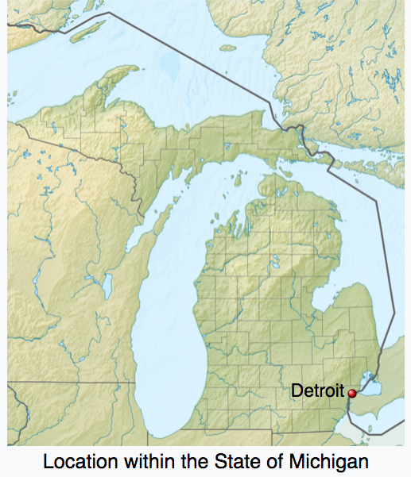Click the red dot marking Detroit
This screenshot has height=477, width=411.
point(352,392)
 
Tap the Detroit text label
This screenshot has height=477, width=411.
point(317,390)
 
